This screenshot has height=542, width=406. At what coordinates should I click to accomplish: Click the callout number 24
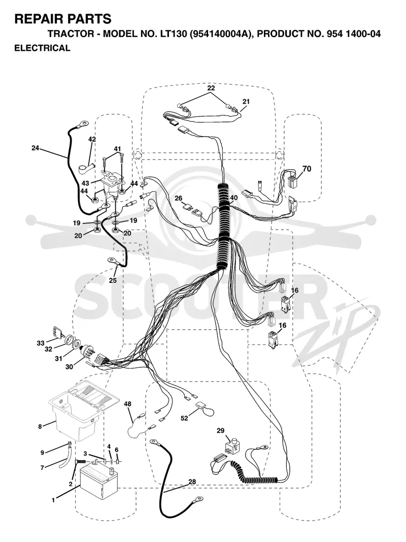35,148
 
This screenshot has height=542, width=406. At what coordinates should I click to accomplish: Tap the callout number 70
307,169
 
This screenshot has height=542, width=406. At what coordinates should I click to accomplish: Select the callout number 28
192,482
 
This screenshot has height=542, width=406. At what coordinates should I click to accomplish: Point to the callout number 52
184,418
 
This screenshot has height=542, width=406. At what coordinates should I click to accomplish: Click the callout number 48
128,404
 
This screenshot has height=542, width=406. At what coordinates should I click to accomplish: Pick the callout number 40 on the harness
234,198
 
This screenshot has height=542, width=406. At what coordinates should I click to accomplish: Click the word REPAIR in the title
36,19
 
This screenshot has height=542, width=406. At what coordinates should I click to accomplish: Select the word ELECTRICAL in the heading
42,48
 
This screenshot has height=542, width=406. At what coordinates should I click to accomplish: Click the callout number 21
246,102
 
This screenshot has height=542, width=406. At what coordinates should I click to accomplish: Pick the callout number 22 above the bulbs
211,88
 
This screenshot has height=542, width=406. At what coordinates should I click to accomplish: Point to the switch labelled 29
231,445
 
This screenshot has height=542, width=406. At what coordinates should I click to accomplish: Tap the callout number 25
113,280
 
